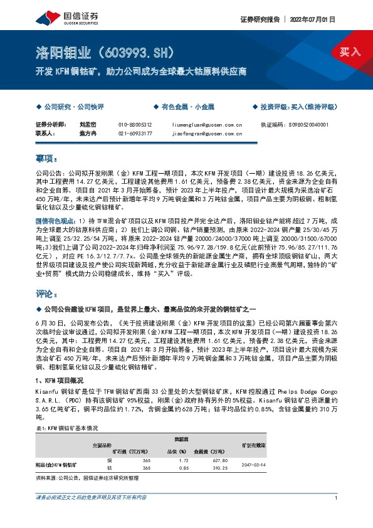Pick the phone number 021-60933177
click(135, 133)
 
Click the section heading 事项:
click(46, 158)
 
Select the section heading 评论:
click(46, 293)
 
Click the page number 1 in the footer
click(337, 497)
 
